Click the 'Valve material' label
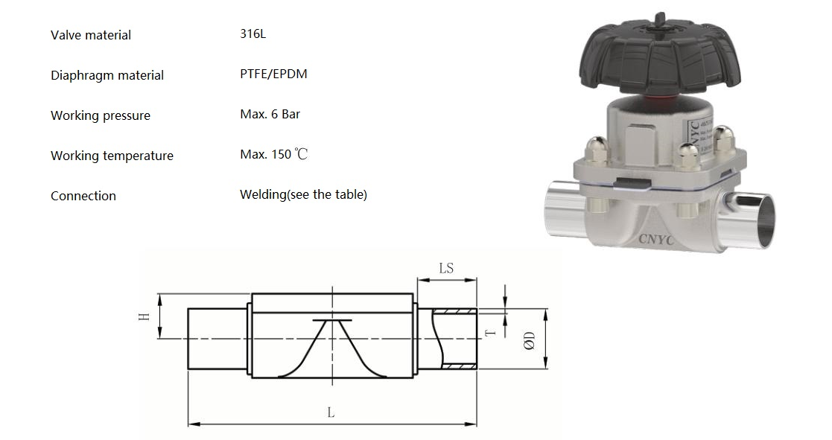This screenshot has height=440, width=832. (x=90, y=35)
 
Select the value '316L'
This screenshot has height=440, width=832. (x=253, y=34)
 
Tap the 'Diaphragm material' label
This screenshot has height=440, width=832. (x=107, y=75)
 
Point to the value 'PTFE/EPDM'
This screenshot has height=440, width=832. (x=273, y=74)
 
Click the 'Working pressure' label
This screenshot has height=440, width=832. (x=100, y=115)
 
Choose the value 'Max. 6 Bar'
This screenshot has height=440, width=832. (x=270, y=115)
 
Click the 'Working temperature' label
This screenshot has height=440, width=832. (x=112, y=156)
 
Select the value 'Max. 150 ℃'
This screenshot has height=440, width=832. (x=273, y=155)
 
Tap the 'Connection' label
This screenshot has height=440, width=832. (x=83, y=196)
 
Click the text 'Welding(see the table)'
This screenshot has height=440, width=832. (x=303, y=195)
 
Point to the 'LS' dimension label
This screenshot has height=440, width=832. (x=446, y=268)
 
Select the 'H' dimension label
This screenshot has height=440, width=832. (x=145, y=316)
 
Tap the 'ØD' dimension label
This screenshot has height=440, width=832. (x=529, y=341)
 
